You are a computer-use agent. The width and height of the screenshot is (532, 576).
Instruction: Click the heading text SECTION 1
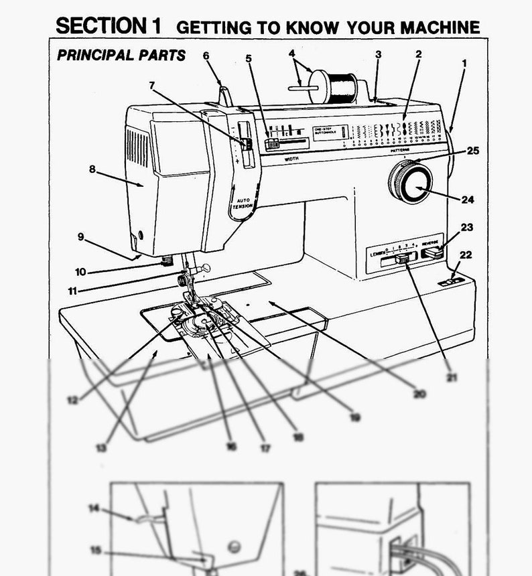pyautogui.click(x=108, y=26)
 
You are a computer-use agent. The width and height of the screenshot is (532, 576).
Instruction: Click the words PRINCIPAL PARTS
pyautogui.click(x=121, y=56)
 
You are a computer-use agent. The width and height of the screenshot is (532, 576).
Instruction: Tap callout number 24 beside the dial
pyautogui.click(x=468, y=199)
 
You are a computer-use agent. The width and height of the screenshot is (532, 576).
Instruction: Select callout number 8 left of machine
pyautogui.click(x=92, y=169)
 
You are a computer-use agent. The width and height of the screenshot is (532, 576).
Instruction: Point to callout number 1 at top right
pyautogui.click(x=464, y=64)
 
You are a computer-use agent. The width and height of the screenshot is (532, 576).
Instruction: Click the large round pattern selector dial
pyautogui.click(x=410, y=182)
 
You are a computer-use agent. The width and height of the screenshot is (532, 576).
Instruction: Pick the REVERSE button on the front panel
pyautogui.click(x=432, y=253)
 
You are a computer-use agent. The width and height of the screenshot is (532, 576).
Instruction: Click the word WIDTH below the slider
pyautogui.click(x=291, y=159)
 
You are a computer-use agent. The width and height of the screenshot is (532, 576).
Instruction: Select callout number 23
pyautogui.click(x=466, y=228)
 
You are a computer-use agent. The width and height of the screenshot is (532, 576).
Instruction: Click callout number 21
pyautogui.click(x=452, y=377)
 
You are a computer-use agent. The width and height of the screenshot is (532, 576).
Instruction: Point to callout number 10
pyautogui.click(x=80, y=271)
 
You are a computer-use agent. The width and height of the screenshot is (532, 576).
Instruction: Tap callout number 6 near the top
pyautogui.click(x=206, y=55)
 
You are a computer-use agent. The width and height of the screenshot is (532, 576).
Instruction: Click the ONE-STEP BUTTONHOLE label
pyautogui.click(x=328, y=131)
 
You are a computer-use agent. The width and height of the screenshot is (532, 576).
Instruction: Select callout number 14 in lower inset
pyautogui.click(x=94, y=508)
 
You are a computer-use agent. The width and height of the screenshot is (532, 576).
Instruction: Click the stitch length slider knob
pyautogui.click(x=402, y=259)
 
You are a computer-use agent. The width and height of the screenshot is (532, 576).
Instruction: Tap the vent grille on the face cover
pyautogui.click(x=137, y=147)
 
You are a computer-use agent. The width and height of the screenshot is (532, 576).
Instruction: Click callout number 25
pyautogui.click(x=473, y=151)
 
